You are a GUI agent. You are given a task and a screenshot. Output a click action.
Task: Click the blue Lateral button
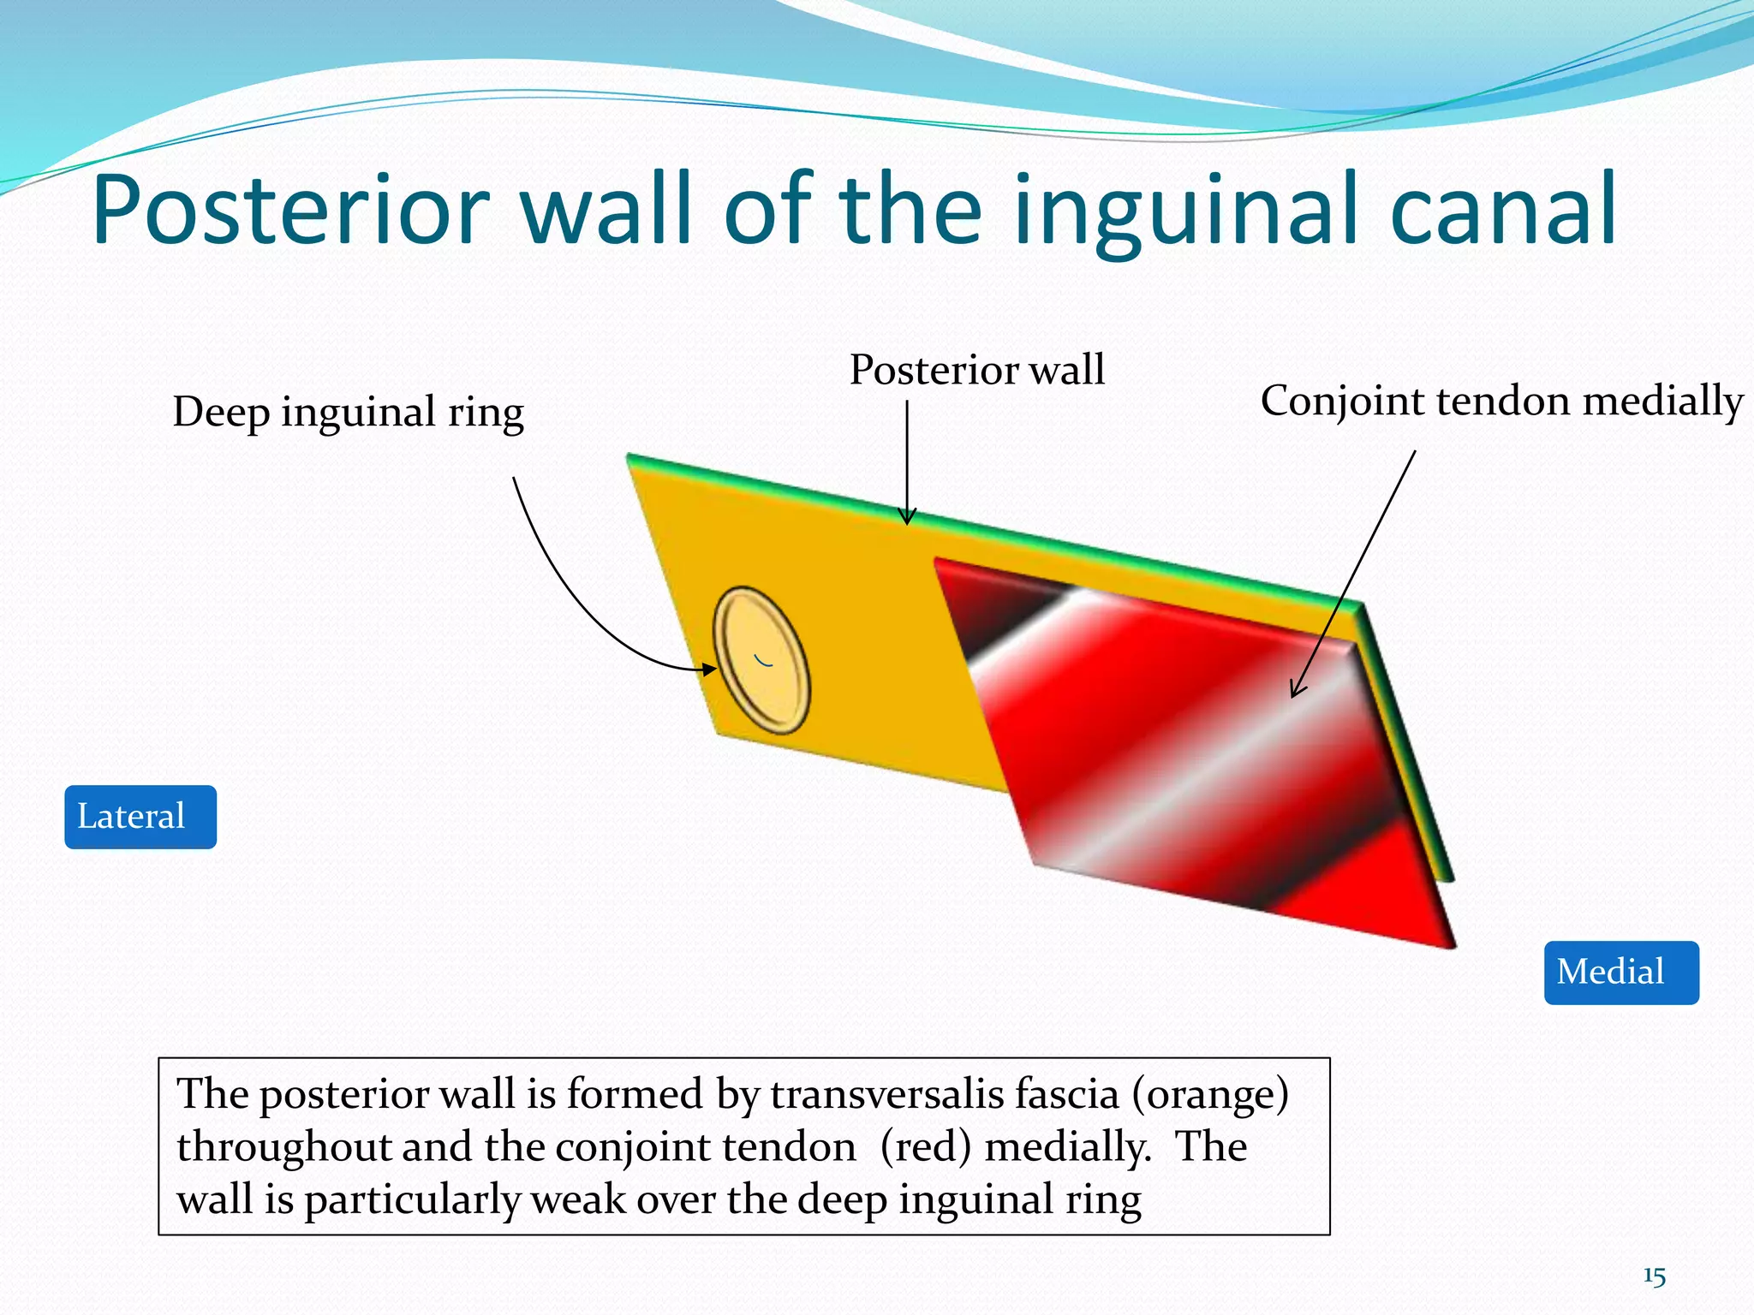(140, 817)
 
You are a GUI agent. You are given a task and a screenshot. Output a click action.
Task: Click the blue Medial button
(1620, 973)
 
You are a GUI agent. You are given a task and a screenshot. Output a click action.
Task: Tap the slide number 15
(1654, 1276)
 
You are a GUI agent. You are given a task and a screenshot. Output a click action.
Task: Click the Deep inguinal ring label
(348, 412)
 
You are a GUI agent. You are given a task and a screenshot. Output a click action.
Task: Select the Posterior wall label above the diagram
(976, 370)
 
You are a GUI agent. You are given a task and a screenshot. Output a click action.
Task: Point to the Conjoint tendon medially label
(1500, 401)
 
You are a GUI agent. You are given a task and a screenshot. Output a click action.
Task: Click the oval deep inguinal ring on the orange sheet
(761, 660)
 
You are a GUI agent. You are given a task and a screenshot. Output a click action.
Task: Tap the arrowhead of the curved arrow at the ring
(710, 669)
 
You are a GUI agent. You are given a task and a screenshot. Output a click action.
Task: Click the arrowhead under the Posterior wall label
(907, 517)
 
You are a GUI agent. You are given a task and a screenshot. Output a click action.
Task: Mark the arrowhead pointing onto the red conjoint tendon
(1296, 691)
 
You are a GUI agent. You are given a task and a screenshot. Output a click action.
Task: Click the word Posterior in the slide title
(291, 210)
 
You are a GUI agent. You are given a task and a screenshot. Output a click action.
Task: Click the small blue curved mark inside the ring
(763, 660)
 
